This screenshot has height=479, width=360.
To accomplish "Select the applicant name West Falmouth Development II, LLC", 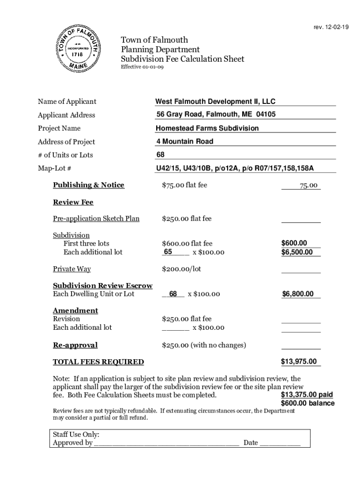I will click(x=216, y=102).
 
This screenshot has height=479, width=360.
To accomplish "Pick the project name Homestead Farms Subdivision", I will click(x=207, y=128).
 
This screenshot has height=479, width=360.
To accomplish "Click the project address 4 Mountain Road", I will click(x=185, y=141).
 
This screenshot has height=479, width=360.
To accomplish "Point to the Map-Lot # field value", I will click(x=235, y=168).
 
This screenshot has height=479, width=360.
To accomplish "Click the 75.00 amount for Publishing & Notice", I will click(x=309, y=186).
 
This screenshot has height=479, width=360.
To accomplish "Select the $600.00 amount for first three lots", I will click(x=294, y=243).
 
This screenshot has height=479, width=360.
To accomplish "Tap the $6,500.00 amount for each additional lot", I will click(x=300, y=252).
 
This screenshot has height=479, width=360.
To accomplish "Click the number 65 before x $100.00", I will click(x=168, y=252).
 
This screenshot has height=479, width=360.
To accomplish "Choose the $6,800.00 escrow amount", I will click(x=301, y=294).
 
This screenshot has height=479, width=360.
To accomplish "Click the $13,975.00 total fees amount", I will click(x=299, y=361).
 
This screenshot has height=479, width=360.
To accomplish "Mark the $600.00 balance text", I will click(x=307, y=403).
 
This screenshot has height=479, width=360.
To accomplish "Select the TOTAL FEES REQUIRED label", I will click(x=98, y=362).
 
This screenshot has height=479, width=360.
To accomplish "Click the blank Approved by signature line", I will click(x=166, y=443).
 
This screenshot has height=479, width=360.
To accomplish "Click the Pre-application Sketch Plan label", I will click(x=96, y=218).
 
